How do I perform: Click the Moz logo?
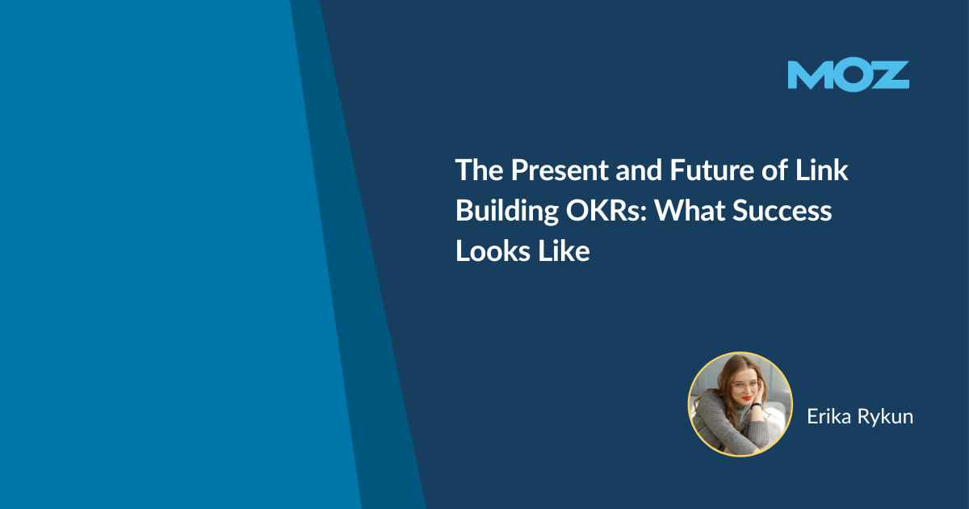tap(849, 76)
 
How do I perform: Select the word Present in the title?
tap(560, 170)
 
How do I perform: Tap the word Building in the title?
tap(507, 211)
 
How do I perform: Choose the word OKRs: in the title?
tap(606, 210)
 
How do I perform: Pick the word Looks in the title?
tap(493, 251)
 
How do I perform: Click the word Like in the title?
tap(564, 251)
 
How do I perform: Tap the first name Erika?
tap(829, 416)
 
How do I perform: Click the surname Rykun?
tap(886, 417)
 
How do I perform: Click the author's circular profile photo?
tap(740, 404)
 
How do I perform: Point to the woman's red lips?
tap(747, 398)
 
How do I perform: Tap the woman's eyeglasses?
tap(746, 385)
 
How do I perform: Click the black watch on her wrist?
tap(756, 406)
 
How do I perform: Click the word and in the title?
tap(639, 170)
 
